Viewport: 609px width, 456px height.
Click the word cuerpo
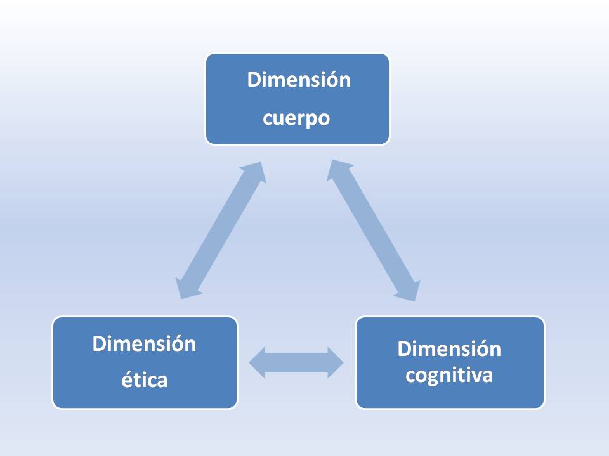pos(297,119)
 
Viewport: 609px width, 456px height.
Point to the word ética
pos(145,381)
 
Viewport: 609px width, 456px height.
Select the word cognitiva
pos(449,376)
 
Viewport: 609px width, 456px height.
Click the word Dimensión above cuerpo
pos(298,80)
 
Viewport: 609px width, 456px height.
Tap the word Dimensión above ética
pos(145,344)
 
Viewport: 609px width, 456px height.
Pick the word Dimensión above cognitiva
pos(449,349)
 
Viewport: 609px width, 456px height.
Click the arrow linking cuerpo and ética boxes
pos(221,230)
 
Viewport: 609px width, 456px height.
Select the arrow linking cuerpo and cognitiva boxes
pos(374,230)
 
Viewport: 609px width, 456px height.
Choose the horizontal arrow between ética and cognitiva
pos(296,362)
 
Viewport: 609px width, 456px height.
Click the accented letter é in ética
pos(126,380)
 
